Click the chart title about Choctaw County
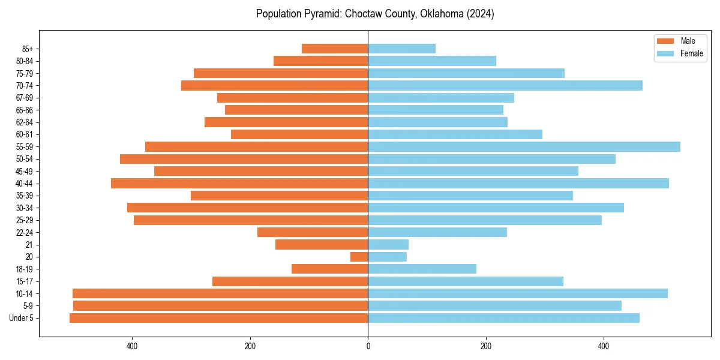point(375,14)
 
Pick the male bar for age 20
point(359,257)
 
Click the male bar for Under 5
point(218,318)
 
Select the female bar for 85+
point(401,49)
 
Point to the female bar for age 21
point(388,245)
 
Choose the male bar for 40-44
point(239,184)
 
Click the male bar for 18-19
point(329,269)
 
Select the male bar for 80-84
point(320,61)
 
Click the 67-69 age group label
point(24,98)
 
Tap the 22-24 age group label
point(24,232)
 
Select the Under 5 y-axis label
point(21,318)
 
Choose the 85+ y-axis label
point(28,49)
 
